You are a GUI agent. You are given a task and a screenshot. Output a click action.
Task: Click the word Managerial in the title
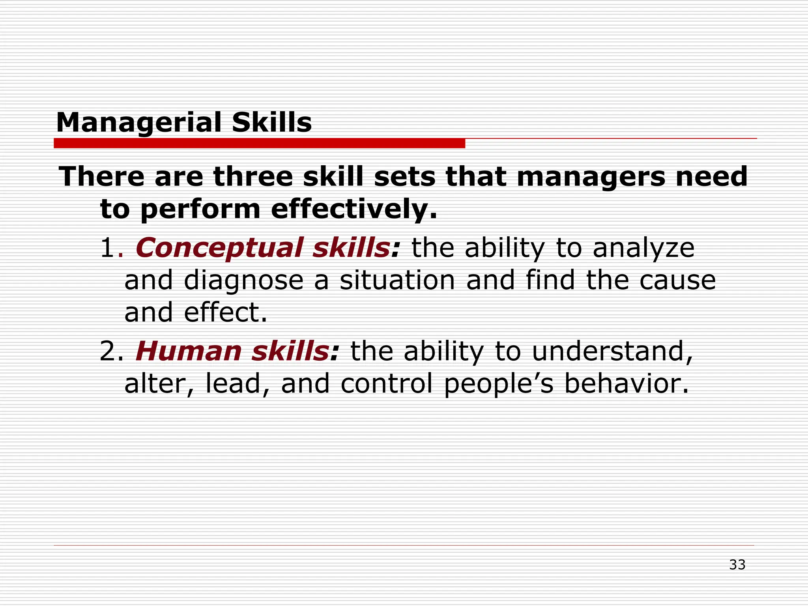[x=139, y=123]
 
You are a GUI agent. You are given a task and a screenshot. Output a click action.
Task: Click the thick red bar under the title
[x=259, y=143]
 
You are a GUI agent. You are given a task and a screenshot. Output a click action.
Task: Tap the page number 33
[x=737, y=565]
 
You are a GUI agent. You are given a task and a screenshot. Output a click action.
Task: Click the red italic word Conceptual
[x=219, y=248]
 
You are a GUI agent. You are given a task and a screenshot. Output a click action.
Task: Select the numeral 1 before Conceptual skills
[x=107, y=248]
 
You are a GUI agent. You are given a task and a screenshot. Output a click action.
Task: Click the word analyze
[x=643, y=249]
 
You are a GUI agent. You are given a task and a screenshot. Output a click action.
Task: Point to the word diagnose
[x=243, y=281]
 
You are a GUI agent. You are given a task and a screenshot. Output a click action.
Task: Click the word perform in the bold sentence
[x=200, y=209]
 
